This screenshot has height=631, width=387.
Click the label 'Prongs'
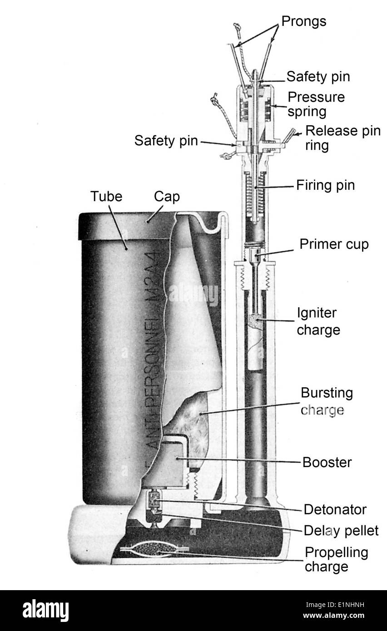point(303,21)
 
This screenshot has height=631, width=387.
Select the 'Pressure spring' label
point(316,104)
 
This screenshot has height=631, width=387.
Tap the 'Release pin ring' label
point(342,138)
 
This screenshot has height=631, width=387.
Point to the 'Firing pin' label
point(325,186)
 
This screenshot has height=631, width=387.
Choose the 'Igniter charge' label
point(318,322)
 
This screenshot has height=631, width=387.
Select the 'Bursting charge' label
point(326,401)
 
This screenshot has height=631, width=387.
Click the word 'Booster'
point(327,463)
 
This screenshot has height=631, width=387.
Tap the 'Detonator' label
point(335,509)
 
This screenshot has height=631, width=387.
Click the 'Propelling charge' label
point(336,559)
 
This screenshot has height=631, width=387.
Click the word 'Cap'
point(167,197)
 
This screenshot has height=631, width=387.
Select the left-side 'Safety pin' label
point(166,141)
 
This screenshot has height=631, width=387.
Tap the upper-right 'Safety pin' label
point(318,76)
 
